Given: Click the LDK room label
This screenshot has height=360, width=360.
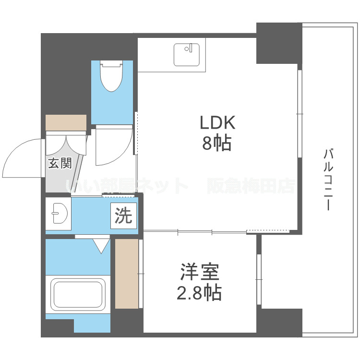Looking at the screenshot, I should coord(217,123).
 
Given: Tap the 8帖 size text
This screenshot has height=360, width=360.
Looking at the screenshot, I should coord(217,143).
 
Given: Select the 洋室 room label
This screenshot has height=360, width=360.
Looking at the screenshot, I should coord(200,272).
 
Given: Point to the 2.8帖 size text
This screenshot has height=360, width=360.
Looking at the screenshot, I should coord(199,291).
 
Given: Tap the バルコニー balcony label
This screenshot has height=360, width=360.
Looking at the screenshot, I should coord(329,180).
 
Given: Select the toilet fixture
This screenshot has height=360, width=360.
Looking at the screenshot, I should coord(111,77).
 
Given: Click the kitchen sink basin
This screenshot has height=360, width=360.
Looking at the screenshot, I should coord(187,54).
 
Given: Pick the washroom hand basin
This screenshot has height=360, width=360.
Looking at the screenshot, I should coord(58,213).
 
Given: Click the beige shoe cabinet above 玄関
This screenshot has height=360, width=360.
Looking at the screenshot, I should coord(66,122).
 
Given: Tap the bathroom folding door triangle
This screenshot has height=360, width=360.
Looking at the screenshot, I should coord(101,245).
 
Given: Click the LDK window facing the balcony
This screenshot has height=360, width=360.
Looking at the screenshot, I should coord(300,114).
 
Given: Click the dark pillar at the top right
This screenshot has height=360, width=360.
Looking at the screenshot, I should coord(279,43).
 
